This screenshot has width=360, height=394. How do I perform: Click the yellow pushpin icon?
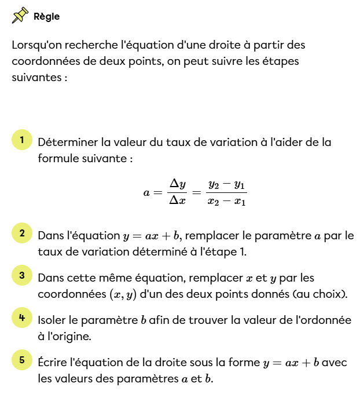coord(20,16)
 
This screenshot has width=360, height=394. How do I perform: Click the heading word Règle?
coord(47,16)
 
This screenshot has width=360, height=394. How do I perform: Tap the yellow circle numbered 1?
coord(21,140)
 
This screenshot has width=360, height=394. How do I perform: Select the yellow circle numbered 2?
coord(21,234)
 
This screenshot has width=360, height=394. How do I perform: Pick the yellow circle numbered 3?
coord(21,276)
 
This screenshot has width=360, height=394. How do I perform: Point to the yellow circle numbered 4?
coord(21,318)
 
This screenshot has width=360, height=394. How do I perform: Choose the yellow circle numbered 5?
coord(21,360)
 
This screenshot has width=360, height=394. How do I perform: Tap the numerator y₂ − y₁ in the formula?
coord(227,185)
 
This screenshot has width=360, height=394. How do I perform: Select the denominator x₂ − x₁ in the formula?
coord(227,202)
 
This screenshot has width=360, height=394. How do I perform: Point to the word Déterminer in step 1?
coord(67,143)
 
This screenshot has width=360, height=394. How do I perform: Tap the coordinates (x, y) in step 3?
coord(123,294)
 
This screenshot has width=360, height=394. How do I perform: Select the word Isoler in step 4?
coord(52,320)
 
